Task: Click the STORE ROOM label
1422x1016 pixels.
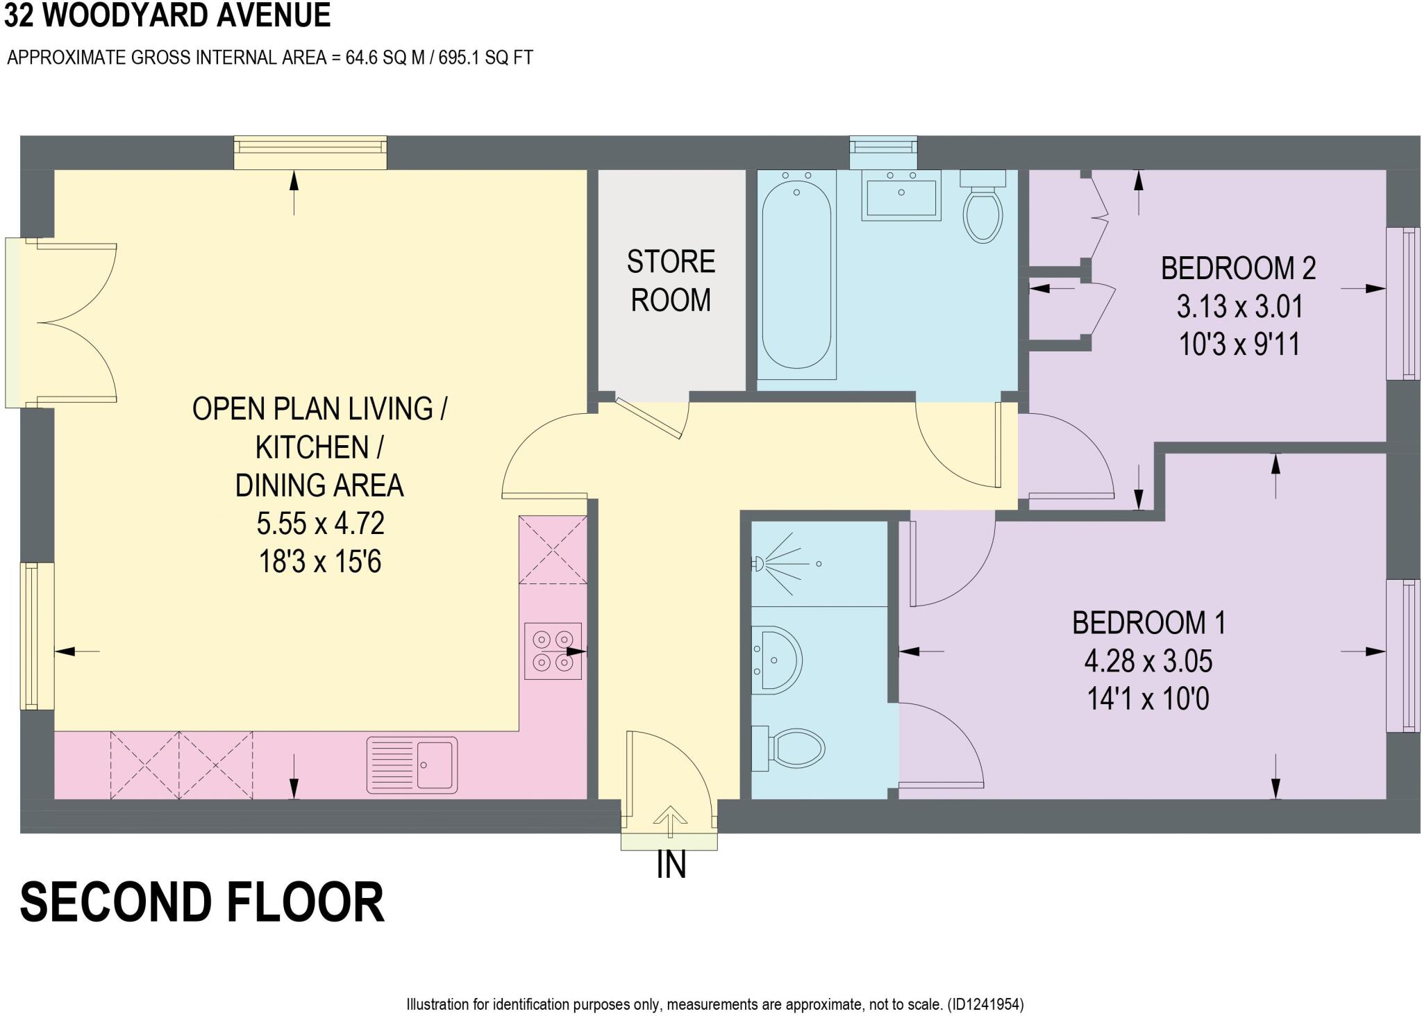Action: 670,281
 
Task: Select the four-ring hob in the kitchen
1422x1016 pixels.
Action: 553,651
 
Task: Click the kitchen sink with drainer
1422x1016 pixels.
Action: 412,764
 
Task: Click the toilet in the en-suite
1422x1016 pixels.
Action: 792,749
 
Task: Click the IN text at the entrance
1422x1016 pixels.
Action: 671,865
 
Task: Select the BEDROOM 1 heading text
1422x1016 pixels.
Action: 1148,622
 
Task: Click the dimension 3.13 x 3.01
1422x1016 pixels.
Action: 1239,306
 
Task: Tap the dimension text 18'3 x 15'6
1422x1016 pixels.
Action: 320,561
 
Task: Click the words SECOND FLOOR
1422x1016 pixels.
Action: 201,902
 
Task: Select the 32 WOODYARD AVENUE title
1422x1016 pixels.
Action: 167,15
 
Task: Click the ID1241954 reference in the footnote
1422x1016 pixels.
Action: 985,1003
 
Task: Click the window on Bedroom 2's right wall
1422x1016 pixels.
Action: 1403,303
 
